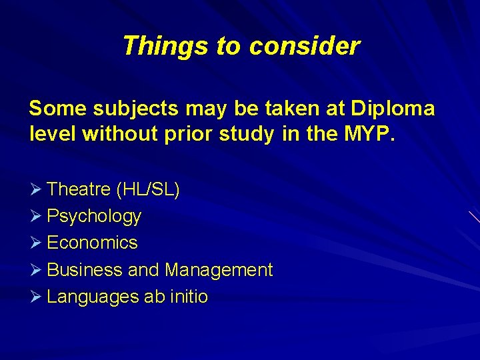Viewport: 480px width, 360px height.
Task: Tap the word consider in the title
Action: coord(305,46)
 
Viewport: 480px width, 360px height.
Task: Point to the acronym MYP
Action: coord(369,135)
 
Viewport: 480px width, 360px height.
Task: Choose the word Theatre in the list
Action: coord(79,189)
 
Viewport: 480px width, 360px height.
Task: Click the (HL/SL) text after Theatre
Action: coord(148,190)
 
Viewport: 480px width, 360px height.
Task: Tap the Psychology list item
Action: coord(94,217)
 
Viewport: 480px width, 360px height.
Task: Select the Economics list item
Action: coord(92,243)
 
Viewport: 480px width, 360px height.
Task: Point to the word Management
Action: coord(219,270)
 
